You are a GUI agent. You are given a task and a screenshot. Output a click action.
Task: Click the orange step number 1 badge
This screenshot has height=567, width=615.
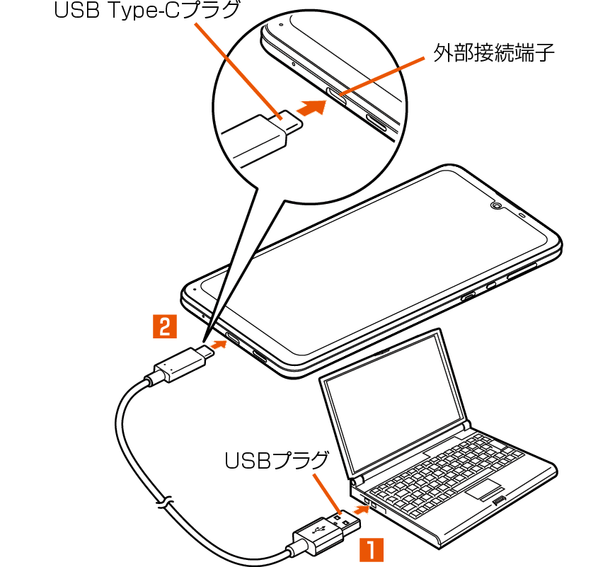pyautogui.click(x=372, y=550)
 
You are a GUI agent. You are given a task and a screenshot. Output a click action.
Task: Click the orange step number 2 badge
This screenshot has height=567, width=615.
pyautogui.click(x=165, y=326)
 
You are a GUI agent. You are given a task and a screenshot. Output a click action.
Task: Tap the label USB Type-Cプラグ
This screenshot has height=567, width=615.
pyautogui.click(x=146, y=10)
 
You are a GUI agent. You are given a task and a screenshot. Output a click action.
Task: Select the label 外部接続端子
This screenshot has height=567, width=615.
pyautogui.click(x=493, y=52)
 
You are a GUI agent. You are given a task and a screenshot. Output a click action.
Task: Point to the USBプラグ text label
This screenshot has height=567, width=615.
pyautogui.click(x=277, y=460)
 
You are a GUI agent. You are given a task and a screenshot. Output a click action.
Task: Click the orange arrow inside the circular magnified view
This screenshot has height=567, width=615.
pyautogui.click(x=312, y=107)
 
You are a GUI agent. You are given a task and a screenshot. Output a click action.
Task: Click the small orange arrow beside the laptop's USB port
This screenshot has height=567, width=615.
pyautogui.click(x=361, y=510)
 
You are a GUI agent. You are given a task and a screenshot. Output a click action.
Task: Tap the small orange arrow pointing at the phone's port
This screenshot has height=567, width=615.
pyautogui.click(x=219, y=345)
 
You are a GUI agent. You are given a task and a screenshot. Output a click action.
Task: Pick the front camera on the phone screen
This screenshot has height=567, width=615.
pyautogui.click(x=497, y=205)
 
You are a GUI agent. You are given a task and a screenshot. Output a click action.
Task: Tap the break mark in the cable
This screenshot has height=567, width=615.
pyautogui.click(x=164, y=502)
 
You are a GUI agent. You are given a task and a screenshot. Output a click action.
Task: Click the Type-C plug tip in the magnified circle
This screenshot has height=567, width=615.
pyautogui.click(x=292, y=122)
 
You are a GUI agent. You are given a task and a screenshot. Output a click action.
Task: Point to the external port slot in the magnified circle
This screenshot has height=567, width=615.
pyautogui.click(x=337, y=96)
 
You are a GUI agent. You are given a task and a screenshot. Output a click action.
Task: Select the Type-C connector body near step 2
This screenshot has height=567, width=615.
pyautogui.click(x=178, y=364)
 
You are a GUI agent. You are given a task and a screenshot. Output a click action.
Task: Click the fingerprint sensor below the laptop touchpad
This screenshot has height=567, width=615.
pyautogui.click(x=500, y=500)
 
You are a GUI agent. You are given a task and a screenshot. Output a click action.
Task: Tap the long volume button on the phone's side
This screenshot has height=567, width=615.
pyautogui.click(x=522, y=270)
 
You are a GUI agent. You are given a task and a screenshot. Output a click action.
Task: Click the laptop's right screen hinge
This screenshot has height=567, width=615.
pyautogui.click(x=466, y=425)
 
